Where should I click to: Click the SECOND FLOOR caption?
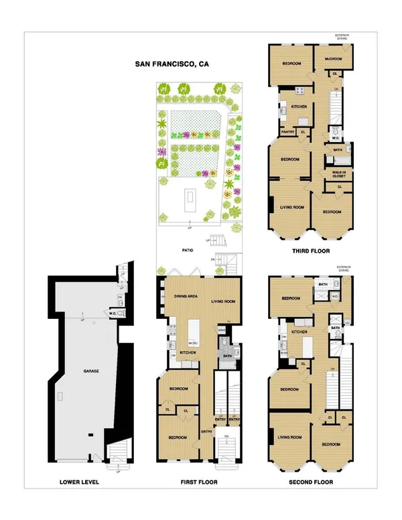click(x=310, y=481)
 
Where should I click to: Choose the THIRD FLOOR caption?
click(x=310, y=253)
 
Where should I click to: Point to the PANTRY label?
click(x=288, y=132)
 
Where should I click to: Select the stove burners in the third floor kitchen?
click(x=301, y=92)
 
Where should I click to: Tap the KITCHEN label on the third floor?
click(x=299, y=107)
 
